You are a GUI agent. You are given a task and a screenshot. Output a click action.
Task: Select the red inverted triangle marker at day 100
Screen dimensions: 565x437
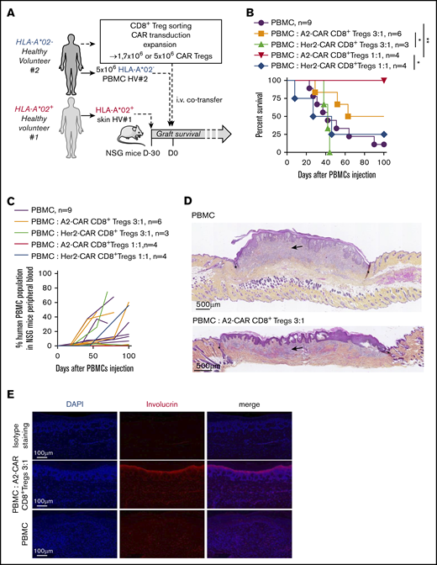[384, 80]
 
